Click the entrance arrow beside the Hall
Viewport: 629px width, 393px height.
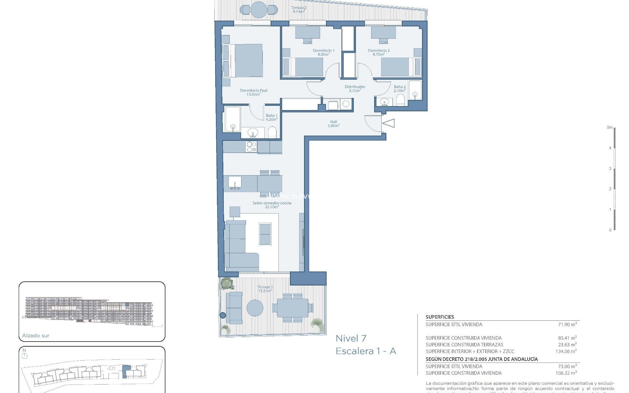point(389,123)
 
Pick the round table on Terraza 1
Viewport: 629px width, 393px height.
point(255,308)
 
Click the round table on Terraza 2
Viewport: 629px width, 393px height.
point(259,10)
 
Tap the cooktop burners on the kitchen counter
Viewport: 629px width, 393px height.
point(251,147)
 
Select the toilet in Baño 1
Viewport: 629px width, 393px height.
point(273,133)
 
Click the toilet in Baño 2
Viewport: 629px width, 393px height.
point(401,101)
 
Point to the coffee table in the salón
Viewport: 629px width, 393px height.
point(265,234)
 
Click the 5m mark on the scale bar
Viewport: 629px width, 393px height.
point(610,127)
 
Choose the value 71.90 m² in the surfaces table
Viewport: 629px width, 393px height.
point(567,325)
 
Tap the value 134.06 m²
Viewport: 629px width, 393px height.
point(566,351)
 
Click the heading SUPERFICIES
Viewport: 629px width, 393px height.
point(440,317)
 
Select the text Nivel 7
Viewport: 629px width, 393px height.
point(351,338)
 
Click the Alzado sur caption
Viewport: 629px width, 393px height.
point(36,336)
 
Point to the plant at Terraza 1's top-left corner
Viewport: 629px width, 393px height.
point(227,284)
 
